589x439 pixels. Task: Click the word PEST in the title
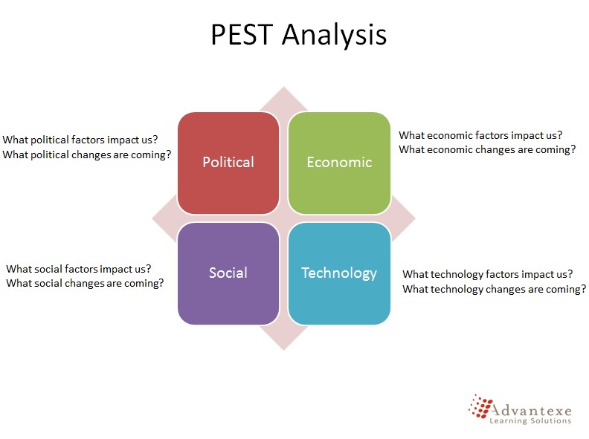point(242,34)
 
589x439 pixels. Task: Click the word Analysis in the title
point(335,35)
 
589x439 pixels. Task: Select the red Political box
point(228,163)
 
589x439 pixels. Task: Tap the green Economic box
point(339,163)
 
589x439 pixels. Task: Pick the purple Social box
point(228,273)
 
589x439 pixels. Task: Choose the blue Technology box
point(339,273)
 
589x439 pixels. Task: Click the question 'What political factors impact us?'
point(80,140)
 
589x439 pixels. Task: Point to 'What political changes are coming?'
point(87,155)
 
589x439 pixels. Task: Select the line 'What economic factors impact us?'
point(480,135)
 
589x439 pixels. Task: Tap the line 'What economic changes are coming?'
point(487,150)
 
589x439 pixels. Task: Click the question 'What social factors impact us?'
point(79,269)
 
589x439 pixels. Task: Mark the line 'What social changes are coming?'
point(85,283)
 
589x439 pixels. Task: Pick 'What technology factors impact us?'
point(488,274)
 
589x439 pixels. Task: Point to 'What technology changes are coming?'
point(495,289)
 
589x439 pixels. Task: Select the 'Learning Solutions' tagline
point(530,420)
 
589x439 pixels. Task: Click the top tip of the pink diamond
point(284,87)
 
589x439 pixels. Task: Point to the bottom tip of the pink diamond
point(284,350)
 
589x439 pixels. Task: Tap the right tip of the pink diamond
point(416,218)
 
